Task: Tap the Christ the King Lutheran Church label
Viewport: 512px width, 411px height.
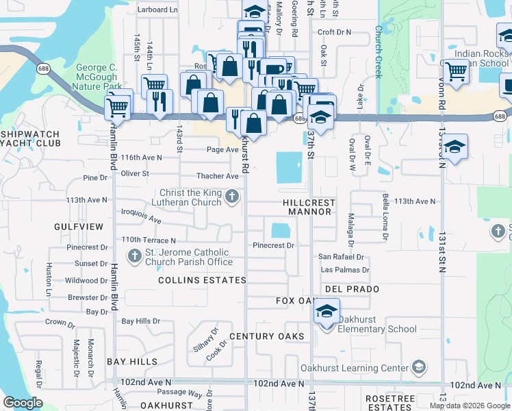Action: [x=190, y=197]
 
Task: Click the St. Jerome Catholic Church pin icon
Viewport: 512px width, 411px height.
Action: [x=134, y=256]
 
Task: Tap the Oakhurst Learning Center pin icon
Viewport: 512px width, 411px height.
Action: [x=418, y=368]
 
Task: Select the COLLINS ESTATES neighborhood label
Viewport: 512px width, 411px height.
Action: [x=202, y=280]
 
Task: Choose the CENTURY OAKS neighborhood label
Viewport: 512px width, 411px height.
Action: [x=266, y=336]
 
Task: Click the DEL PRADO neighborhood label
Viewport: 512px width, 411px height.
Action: [x=353, y=289]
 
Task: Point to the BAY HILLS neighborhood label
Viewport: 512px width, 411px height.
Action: [x=132, y=361]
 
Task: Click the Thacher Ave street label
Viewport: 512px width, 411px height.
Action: [x=218, y=176]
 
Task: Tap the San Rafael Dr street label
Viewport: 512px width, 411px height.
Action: [x=341, y=257]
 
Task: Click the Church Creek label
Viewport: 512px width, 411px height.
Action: [x=377, y=52]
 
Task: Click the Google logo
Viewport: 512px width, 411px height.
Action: [x=23, y=403]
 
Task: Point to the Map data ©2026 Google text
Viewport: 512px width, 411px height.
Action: [x=469, y=406]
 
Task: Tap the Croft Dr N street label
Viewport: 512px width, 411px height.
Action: [x=334, y=32]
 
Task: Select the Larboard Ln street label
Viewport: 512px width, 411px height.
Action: [x=157, y=10]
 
